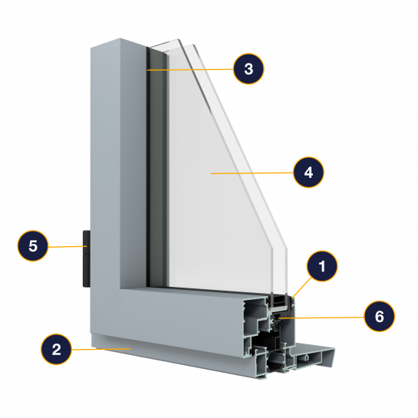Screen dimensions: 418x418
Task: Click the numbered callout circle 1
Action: pyautogui.click(x=322, y=266)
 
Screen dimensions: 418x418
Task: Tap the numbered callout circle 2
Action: pyautogui.click(x=56, y=349)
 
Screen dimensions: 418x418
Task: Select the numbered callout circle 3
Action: pyautogui.click(x=248, y=69)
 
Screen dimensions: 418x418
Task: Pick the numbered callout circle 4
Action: pyautogui.click(x=308, y=173)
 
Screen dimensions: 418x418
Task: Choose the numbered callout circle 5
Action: pyautogui.click(x=33, y=245)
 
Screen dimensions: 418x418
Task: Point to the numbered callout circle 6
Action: pyautogui.click(x=379, y=316)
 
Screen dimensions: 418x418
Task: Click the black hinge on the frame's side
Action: pyautogui.click(x=87, y=258)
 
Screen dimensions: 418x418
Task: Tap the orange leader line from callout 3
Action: pyautogui.click(x=190, y=70)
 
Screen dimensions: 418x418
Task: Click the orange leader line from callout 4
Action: pyautogui.click(x=252, y=173)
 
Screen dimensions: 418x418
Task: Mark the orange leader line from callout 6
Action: pyautogui.click(x=321, y=318)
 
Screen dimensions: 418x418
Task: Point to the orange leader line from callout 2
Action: pyautogui.click(x=101, y=349)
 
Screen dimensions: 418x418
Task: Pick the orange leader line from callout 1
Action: pyautogui.click(x=301, y=288)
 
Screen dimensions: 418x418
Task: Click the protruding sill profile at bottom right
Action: pyautogui.click(x=314, y=356)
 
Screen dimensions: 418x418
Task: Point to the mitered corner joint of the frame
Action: pyautogui.click(x=105, y=311)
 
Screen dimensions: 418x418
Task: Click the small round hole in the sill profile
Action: pyautogui.click(x=307, y=357)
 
